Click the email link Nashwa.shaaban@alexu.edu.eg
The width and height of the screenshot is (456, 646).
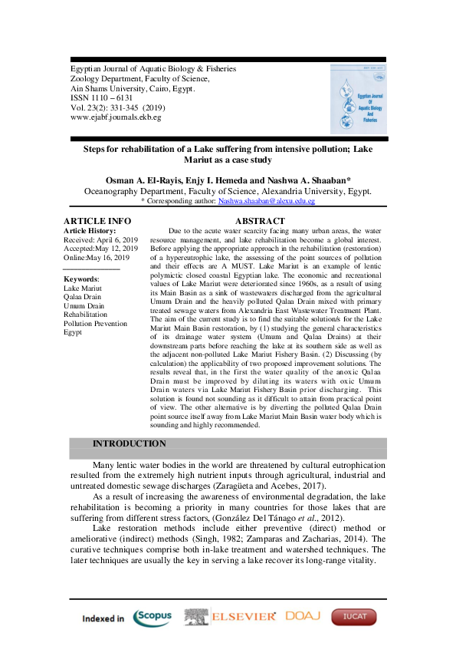pyautogui.click(x=267, y=200)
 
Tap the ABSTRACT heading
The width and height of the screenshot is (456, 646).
pyautogui.click(x=260, y=221)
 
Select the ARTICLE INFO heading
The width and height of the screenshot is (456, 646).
pyautogui.click(x=97, y=221)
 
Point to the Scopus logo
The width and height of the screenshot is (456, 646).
pyautogui.click(x=153, y=618)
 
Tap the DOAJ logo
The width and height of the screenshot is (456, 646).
pyautogui.click(x=303, y=616)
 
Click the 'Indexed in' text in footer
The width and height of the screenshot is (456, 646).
pyautogui.click(x=103, y=618)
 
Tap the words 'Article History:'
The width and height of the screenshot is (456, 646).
pyautogui.click(x=90, y=230)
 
